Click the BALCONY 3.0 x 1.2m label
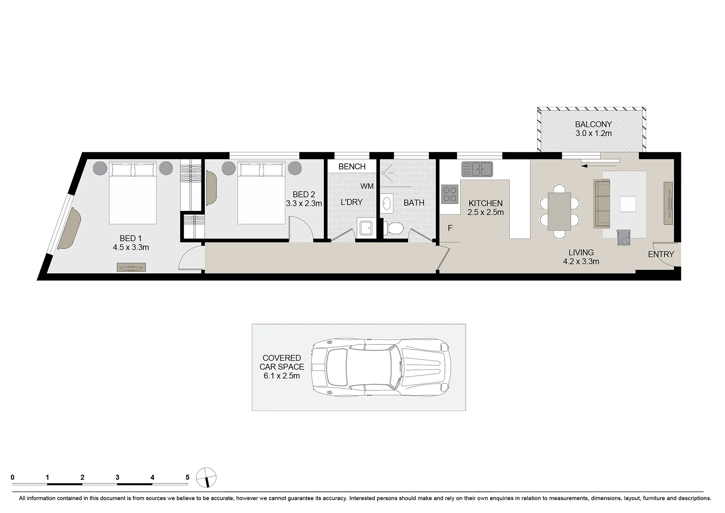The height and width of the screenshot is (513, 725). [593, 129]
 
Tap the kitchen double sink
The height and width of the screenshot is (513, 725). [477, 169]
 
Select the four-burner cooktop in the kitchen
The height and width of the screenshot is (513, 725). [450, 194]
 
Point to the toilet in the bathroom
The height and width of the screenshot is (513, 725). [394, 228]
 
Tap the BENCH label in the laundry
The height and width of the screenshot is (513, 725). [352, 166]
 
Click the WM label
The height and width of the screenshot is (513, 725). [367, 186]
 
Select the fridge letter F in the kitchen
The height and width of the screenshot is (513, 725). [450, 228]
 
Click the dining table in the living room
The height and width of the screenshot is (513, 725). [560, 211]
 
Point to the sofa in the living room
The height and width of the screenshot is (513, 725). [602, 204]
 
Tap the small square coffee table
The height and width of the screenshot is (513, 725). [628, 204]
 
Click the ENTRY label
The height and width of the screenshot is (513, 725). [661, 254]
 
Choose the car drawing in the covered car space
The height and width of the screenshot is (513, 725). [381, 367]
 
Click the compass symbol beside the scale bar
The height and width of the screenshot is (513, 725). [206, 477]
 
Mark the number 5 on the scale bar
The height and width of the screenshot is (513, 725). [187, 477]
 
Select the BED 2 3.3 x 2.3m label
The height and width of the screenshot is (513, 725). [304, 199]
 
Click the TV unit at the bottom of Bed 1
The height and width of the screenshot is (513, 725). [131, 267]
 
